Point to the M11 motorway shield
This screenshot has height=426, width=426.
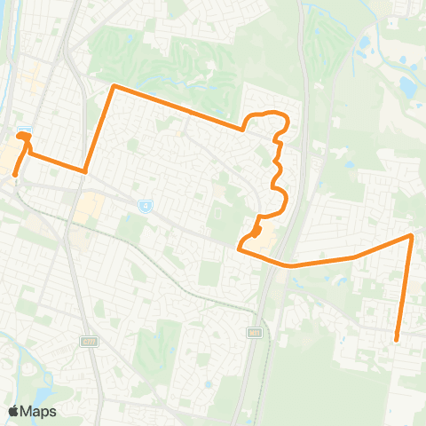tap(255, 331)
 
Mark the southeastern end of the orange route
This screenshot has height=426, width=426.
tap(396, 339)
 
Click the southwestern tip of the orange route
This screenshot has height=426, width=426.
tap(15, 174)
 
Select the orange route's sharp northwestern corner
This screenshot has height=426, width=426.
tap(113, 86)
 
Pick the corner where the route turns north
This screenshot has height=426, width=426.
tap(85, 171)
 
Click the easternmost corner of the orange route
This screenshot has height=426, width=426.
tap(411, 236)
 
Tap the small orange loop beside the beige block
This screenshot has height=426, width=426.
tap(256, 232)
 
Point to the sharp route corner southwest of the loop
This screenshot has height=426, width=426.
tap(239, 248)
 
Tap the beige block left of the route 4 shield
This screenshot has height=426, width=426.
tap(90, 209)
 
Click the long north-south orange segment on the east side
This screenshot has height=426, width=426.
tap(404, 286)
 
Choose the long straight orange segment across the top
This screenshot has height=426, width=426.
tap(177, 107)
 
